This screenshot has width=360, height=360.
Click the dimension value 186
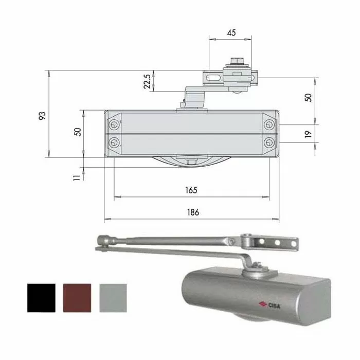coord(192,212)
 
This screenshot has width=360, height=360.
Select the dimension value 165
coord(191,190)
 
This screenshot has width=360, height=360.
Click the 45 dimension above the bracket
coord(231,32)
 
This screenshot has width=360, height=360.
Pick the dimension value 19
coord(308,134)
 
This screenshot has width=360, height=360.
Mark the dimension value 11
coord(77,177)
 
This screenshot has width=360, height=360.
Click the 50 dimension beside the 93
coord(78,131)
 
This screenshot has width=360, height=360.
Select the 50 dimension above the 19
coord(308,98)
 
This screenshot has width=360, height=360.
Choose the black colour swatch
coord(41,298)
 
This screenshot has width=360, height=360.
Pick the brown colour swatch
coord(77,298)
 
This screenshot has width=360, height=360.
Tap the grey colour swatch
coord(112,298)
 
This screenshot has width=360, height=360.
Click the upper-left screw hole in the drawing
coord(113,125)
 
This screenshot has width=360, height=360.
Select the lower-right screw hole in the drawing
coord(269,142)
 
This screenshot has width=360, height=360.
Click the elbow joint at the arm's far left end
coord(103,241)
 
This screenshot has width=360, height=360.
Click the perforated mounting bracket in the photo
coord(276,243)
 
